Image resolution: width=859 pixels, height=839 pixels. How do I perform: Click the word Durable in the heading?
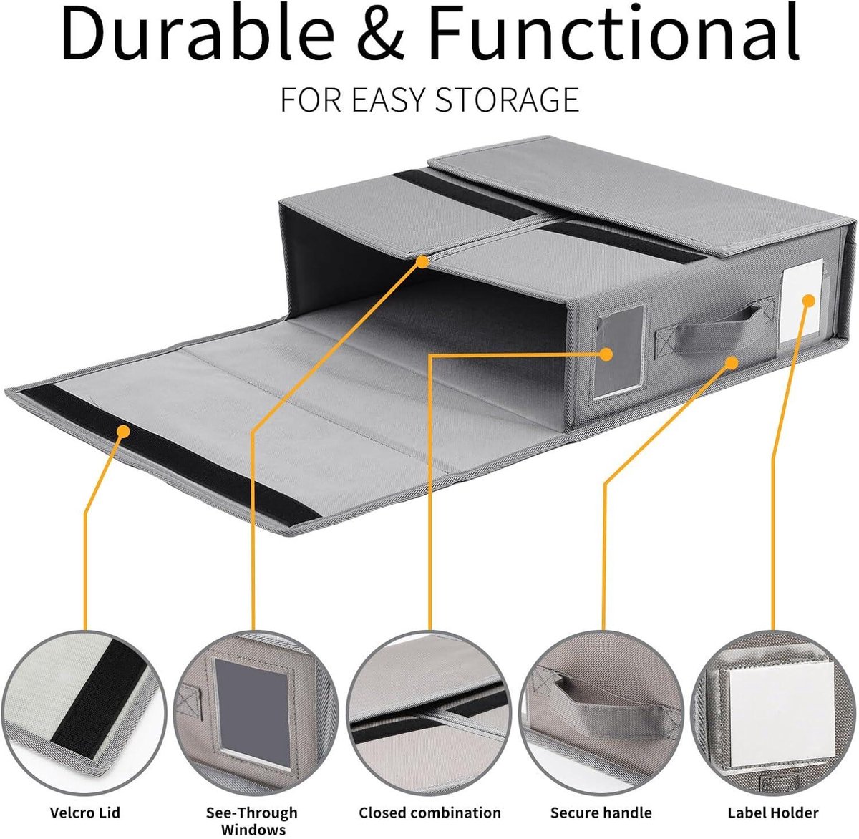pos(198,34)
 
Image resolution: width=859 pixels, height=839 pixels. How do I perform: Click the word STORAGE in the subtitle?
pos(508,100)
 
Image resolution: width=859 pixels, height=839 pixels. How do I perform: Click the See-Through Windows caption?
pos(252,820)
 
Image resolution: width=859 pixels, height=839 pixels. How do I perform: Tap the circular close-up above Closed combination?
pos(429,713)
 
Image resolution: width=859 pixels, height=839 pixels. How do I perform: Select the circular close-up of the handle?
pos(601,713)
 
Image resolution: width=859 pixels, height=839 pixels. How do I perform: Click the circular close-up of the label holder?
pos(773,713)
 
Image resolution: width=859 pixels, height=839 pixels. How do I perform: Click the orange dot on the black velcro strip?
pos(124,431)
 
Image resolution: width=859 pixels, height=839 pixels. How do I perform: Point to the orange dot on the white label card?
pos(809,301)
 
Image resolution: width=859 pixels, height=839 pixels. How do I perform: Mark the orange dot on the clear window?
pos(606,354)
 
